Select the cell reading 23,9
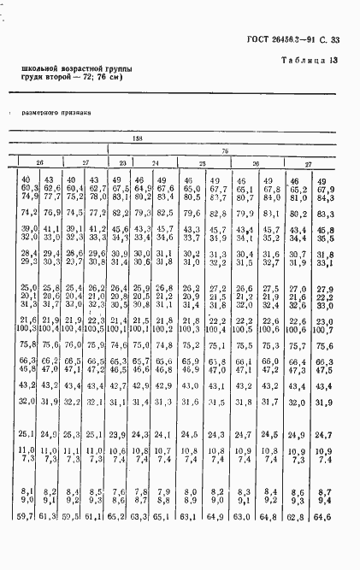pos(119,435)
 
